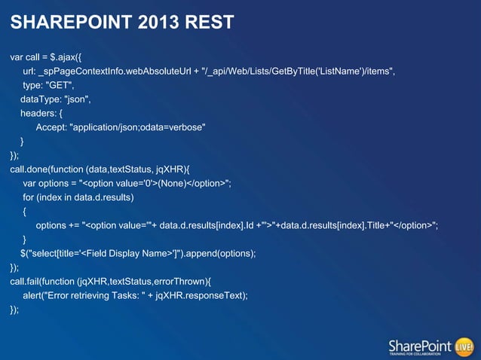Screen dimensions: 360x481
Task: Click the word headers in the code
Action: pos(37,113)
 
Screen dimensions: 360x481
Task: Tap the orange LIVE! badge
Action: pos(464,346)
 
